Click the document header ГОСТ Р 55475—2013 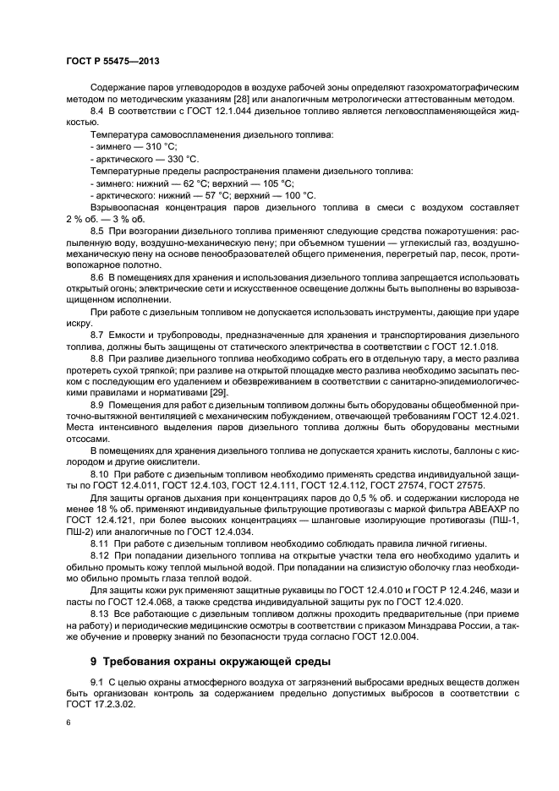point(112,62)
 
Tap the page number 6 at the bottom point(69,723)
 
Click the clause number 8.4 point(97,112)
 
